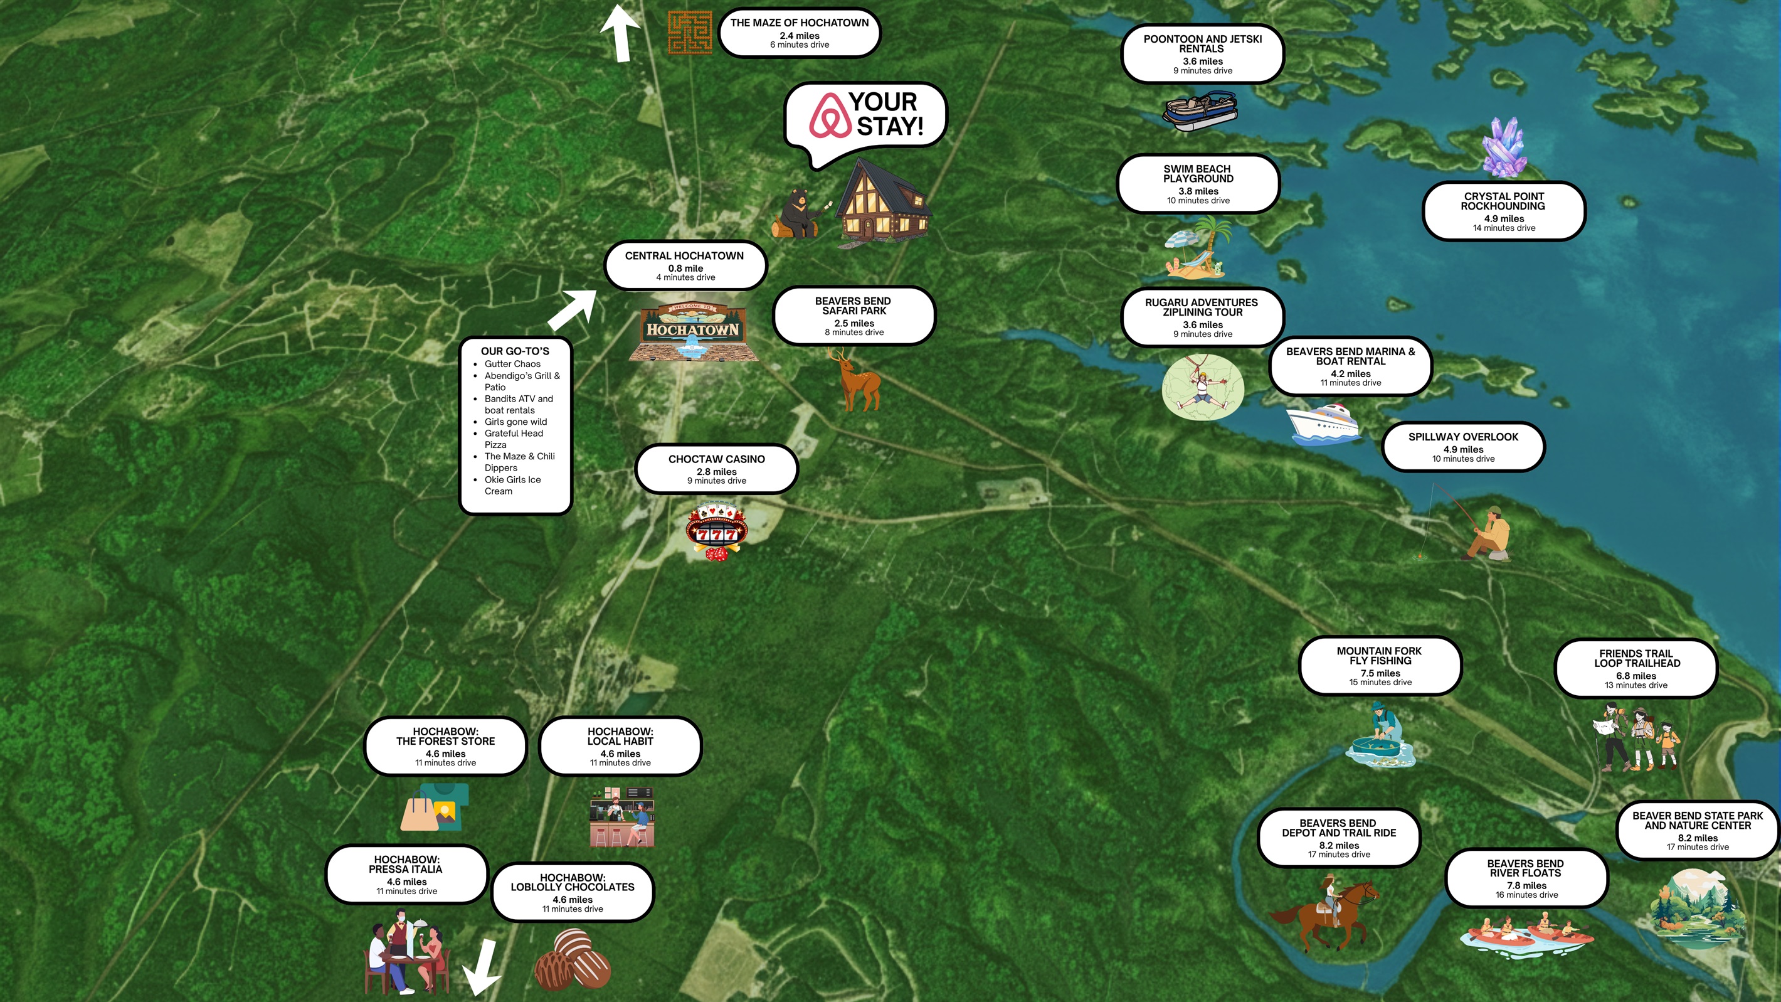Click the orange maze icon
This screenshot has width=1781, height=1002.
(689, 33)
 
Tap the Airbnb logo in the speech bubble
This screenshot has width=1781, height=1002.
(830, 115)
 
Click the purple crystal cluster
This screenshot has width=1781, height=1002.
(1504, 147)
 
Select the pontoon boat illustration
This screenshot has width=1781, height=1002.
(1200, 111)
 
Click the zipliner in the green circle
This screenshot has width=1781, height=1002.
(1202, 387)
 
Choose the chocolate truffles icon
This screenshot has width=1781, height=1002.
(573, 959)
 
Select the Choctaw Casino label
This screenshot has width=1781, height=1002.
(716, 469)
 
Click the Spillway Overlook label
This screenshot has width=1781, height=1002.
(1463, 447)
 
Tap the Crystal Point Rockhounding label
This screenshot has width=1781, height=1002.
(1504, 211)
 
